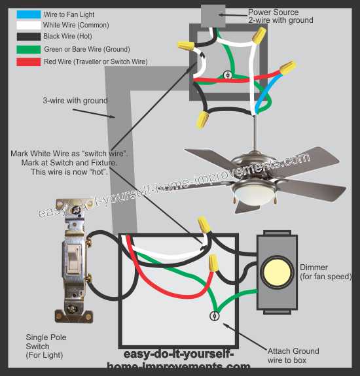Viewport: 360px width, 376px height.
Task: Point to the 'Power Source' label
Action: (x=274, y=12)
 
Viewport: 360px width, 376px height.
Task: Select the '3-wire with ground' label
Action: (x=75, y=101)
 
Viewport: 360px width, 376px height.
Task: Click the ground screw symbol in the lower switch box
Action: (x=213, y=316)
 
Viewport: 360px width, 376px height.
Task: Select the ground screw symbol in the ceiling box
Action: (x=228, y=75)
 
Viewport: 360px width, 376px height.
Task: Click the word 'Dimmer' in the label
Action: (x=314, y=267)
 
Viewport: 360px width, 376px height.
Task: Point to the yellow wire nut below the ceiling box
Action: (x=202, y=119)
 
